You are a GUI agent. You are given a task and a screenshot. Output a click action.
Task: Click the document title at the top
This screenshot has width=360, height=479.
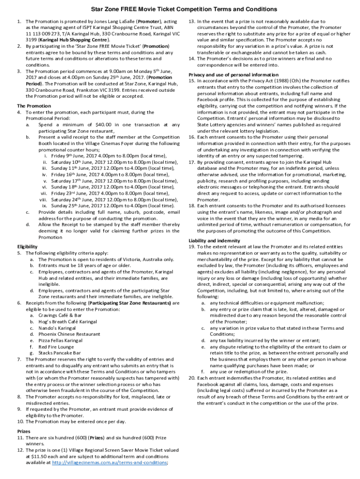click(x=180, y=9)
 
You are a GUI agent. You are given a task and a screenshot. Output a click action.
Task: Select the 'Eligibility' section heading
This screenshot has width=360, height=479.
click(x=28, y=246)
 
